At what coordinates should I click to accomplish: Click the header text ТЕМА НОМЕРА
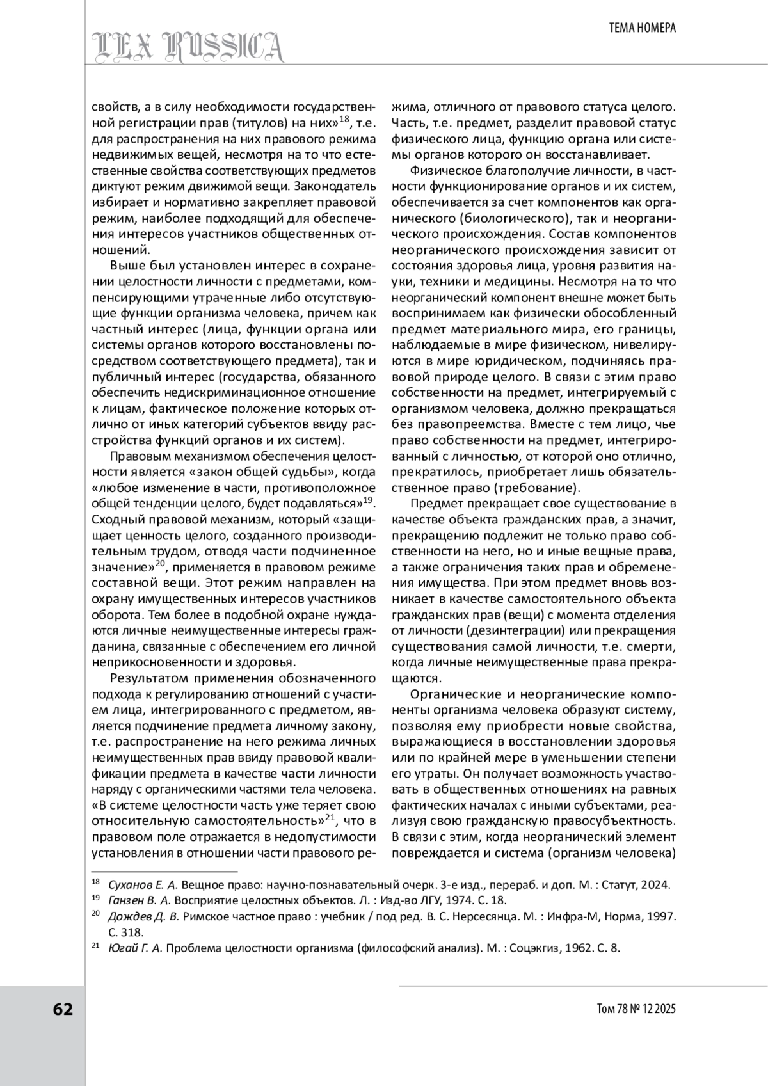(x=642, y=28)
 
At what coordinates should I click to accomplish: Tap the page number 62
(x=63, y=1009)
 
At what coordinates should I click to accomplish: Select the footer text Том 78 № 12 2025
(x=636, y=1009)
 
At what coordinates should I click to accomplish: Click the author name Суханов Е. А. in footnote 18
(x=143, y=885)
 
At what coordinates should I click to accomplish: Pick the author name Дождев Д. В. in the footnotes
(x=144, y=916)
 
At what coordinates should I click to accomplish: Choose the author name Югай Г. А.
(x=135, y=948)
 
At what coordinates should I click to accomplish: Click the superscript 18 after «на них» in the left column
(x=344, y=119)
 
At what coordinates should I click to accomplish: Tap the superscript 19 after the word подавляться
(x=368, y=500)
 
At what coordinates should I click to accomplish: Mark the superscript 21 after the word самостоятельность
(x=330, y=817)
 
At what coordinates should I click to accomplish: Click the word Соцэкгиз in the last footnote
(x=532, y=948)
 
